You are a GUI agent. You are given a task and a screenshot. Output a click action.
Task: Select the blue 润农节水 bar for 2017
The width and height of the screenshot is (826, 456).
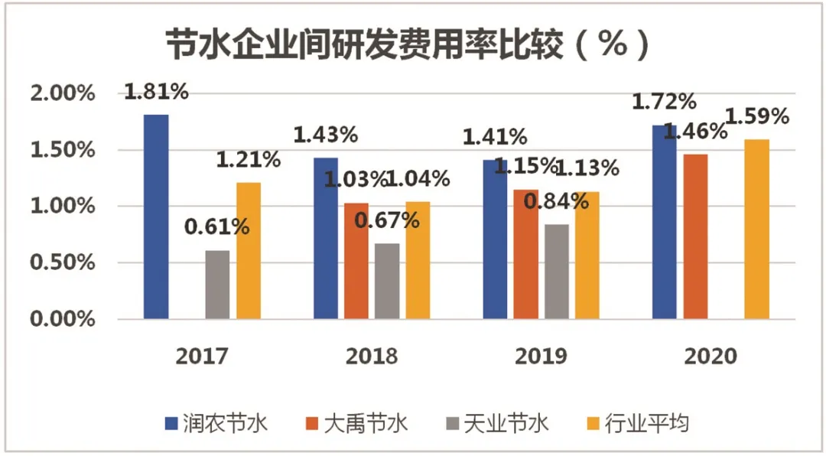click(x=156, y=217)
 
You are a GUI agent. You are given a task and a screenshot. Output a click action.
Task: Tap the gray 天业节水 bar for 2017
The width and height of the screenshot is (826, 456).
click(x=217, y=285)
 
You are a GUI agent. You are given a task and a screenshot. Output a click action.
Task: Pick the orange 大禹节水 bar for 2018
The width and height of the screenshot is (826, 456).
click(x=356, y=261)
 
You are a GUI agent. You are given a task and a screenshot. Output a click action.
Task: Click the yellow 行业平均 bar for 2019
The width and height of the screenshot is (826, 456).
click(x=586, y=255)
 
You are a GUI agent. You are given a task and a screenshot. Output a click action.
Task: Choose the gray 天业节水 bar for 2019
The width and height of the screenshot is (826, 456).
click(x=556, y=272)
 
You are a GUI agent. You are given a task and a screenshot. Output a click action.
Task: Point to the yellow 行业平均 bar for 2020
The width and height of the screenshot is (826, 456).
click(x=756, y=229)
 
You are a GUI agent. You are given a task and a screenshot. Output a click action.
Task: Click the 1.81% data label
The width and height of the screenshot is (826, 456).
click(x=156, y=92)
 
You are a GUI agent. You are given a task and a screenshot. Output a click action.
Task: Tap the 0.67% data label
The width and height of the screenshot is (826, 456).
click(x=388, y=220)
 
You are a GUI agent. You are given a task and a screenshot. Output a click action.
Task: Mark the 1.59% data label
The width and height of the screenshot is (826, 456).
click(x=756, y=117)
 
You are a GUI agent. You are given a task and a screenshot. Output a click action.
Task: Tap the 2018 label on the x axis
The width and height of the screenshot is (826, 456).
click(x=372, y=357)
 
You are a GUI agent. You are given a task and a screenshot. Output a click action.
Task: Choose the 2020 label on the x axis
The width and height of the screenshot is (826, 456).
click(x=711, y=357)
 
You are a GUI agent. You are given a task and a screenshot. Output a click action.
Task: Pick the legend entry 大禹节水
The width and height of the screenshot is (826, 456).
click(x=367, y=423)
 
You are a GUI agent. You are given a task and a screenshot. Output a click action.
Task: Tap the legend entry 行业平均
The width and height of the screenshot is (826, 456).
click(x=646, y=423)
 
